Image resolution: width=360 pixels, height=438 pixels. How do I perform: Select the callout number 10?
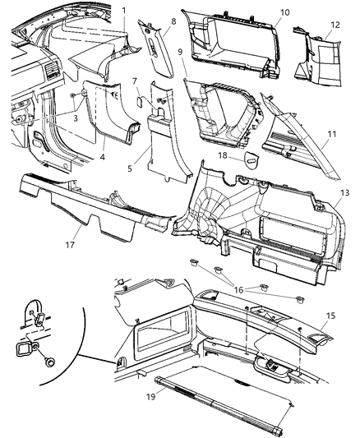tap(285, 12)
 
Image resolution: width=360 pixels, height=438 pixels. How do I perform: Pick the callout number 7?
tap(135, 81)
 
